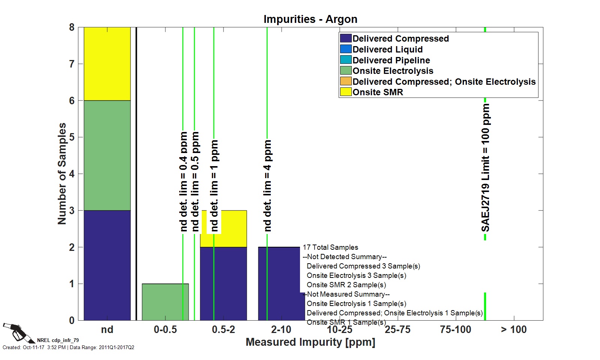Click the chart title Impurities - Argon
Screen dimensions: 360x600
click(x=310, y=19)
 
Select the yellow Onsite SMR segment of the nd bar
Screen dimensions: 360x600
click(x=107, y=64)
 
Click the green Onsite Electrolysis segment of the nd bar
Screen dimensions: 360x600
click(x=107, y=155)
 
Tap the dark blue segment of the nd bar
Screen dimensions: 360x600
click(x=107, y=265)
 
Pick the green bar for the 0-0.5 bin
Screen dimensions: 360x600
click(x=165, y=302)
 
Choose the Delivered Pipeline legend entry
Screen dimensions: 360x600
click(x=391, y=60)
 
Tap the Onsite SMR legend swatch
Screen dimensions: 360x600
click(x=346, y=92)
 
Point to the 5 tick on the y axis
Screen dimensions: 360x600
click(x=72, y=137)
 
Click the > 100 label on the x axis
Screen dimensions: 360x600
click(x=514, y=330)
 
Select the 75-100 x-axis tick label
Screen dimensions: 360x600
click(x=456, y=330)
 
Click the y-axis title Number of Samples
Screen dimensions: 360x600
click(x=62, y=174)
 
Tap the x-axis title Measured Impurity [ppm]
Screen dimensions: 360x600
click(x=310, y=342)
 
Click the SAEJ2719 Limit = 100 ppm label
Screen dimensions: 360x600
click(x=486, y=168)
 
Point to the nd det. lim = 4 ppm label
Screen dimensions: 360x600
click(x=267, y=186)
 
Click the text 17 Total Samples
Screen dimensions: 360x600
click(x=330, y=247)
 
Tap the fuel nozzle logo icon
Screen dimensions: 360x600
click(x=17, y=332)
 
